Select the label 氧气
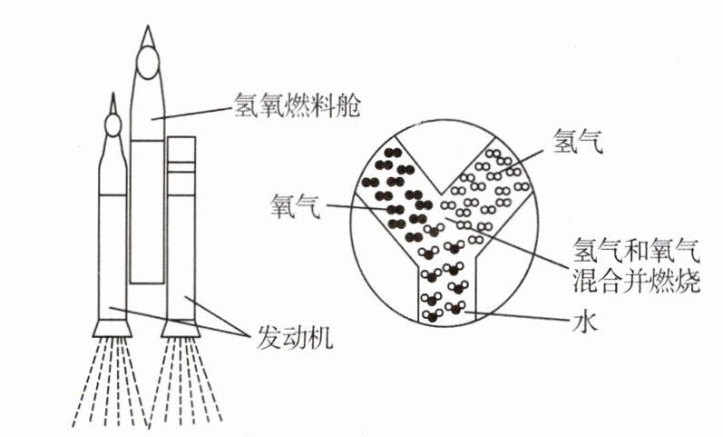click(x=296, y=204)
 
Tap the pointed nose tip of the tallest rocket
click(x=147, y=30)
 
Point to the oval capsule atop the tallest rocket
click(x=148, y=64)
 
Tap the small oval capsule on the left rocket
click(x=113, y=123)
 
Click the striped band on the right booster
click(x=182, y=165)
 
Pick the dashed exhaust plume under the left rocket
click(x=109, y=382)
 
